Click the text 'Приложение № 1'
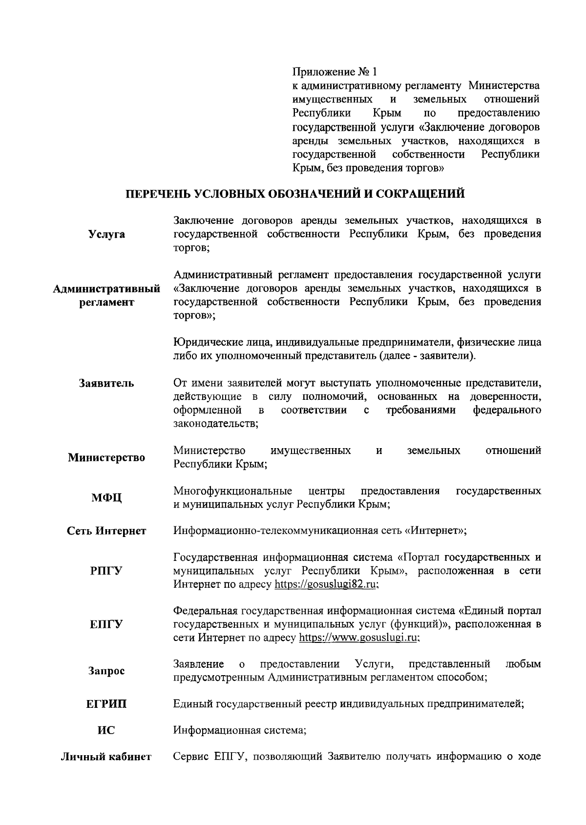click(x=335, y=72)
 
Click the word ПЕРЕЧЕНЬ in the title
click(x=155, y=194)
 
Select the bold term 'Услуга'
click(x=106, y=234)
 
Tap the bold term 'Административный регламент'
click(x=106, y=295)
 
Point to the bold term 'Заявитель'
click(x=106, y=383)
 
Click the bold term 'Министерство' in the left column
click(x=106, y=458)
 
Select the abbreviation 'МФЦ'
click(x=106, y=498)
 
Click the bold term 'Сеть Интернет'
click(x=106, y=531)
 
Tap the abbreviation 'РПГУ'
click(x=106, y=571)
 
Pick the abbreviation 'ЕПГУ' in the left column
click(x=106, y=624)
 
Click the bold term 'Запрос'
click(x=106, y=671)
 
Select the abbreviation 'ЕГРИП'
click(x=106, y=704)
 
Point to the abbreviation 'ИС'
click(x=106, y=731)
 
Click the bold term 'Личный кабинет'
click(x=106, y=757)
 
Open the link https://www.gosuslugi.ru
click(x=359, y=638)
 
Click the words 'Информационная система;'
click(x=240, y=731)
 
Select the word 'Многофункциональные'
click(x=233, y=491)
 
